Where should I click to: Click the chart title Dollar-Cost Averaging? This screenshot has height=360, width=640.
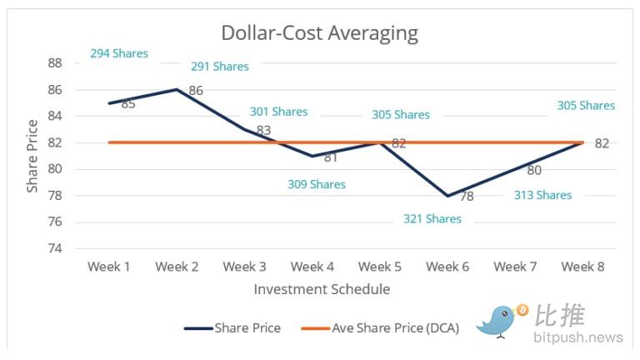click(x=319, y=33)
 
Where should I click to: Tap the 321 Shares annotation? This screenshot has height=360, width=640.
click(x=432, y=218)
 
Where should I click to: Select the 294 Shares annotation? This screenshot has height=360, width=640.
click(x=119, y=53)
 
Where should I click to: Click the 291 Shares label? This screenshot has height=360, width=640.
click(x=219, y=66)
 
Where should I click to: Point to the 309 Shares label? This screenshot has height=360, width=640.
click(x=316, y=184)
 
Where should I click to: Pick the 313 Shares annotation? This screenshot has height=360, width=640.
click(x=542, y=195)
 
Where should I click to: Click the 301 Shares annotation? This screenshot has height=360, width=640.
click(x=278, y=112)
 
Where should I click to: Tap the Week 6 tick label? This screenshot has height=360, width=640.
click(x=447, y=267)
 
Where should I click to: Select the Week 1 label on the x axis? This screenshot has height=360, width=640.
click(x=109, y=267)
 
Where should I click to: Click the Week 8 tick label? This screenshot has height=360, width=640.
click(x=582, y=267)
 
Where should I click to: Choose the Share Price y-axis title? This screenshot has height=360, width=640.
click(x=32, y=156)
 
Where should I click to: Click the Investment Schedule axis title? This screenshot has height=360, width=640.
click(x=322, y=289)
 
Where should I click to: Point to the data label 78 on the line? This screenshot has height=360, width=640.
click(x=467, y=197)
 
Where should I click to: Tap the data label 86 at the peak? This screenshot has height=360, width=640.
click(x=196, y=90)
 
